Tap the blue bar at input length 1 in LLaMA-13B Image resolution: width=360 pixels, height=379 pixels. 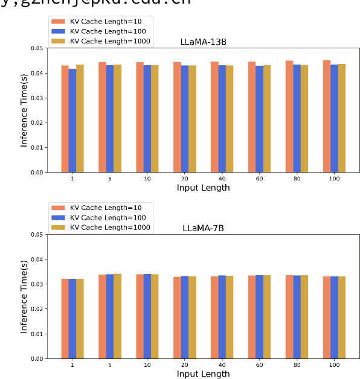click(x=72, y=121)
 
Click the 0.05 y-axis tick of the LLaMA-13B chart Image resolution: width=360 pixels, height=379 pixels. click(x=37, y=48)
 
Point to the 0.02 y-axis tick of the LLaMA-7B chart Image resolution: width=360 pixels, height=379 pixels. click(x=37, y=309)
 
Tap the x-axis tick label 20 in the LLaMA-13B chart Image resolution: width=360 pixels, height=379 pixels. click(x=184, y=179)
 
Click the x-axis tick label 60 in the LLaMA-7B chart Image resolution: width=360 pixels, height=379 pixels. click(x=259, y=365)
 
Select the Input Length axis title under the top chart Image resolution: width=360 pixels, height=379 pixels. click(x=203, y=188)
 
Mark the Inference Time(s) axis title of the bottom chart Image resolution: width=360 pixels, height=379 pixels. click(x=24, y=296)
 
